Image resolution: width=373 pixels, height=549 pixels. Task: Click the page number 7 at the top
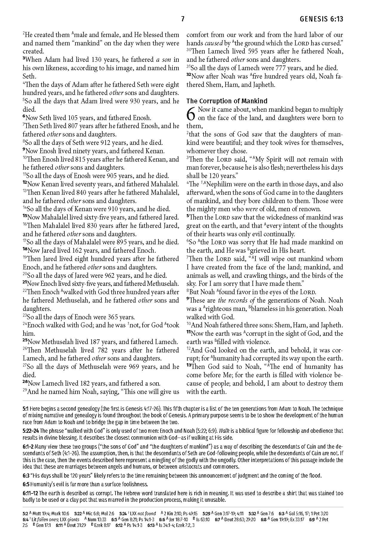coord(183,19)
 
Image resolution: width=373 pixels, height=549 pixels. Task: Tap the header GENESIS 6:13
coord(321,19)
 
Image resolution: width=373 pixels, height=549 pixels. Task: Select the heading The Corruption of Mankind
coord(227,101)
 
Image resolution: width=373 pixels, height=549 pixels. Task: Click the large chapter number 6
coord(191,114)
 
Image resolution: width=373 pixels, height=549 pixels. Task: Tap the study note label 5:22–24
coord(31,431)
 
